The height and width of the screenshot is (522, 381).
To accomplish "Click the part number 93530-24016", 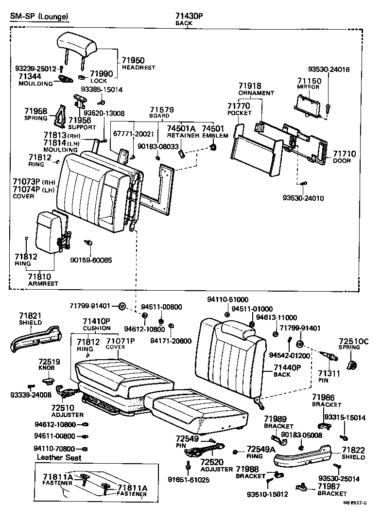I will coord(329,70).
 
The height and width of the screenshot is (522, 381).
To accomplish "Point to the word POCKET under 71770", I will coord(239,113).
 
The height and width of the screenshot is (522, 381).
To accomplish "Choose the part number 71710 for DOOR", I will coord(344,154).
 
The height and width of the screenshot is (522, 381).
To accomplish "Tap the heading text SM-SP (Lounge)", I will coord(39,17).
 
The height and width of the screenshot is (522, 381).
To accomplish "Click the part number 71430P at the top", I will coord(189,16).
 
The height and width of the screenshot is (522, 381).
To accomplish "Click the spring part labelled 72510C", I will coord(351,365).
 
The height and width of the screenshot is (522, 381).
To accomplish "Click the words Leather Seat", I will coord(59,457).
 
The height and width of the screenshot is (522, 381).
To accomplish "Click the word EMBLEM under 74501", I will coord(215,136).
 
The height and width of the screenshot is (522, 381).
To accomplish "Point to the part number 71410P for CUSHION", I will coord(96,321).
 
